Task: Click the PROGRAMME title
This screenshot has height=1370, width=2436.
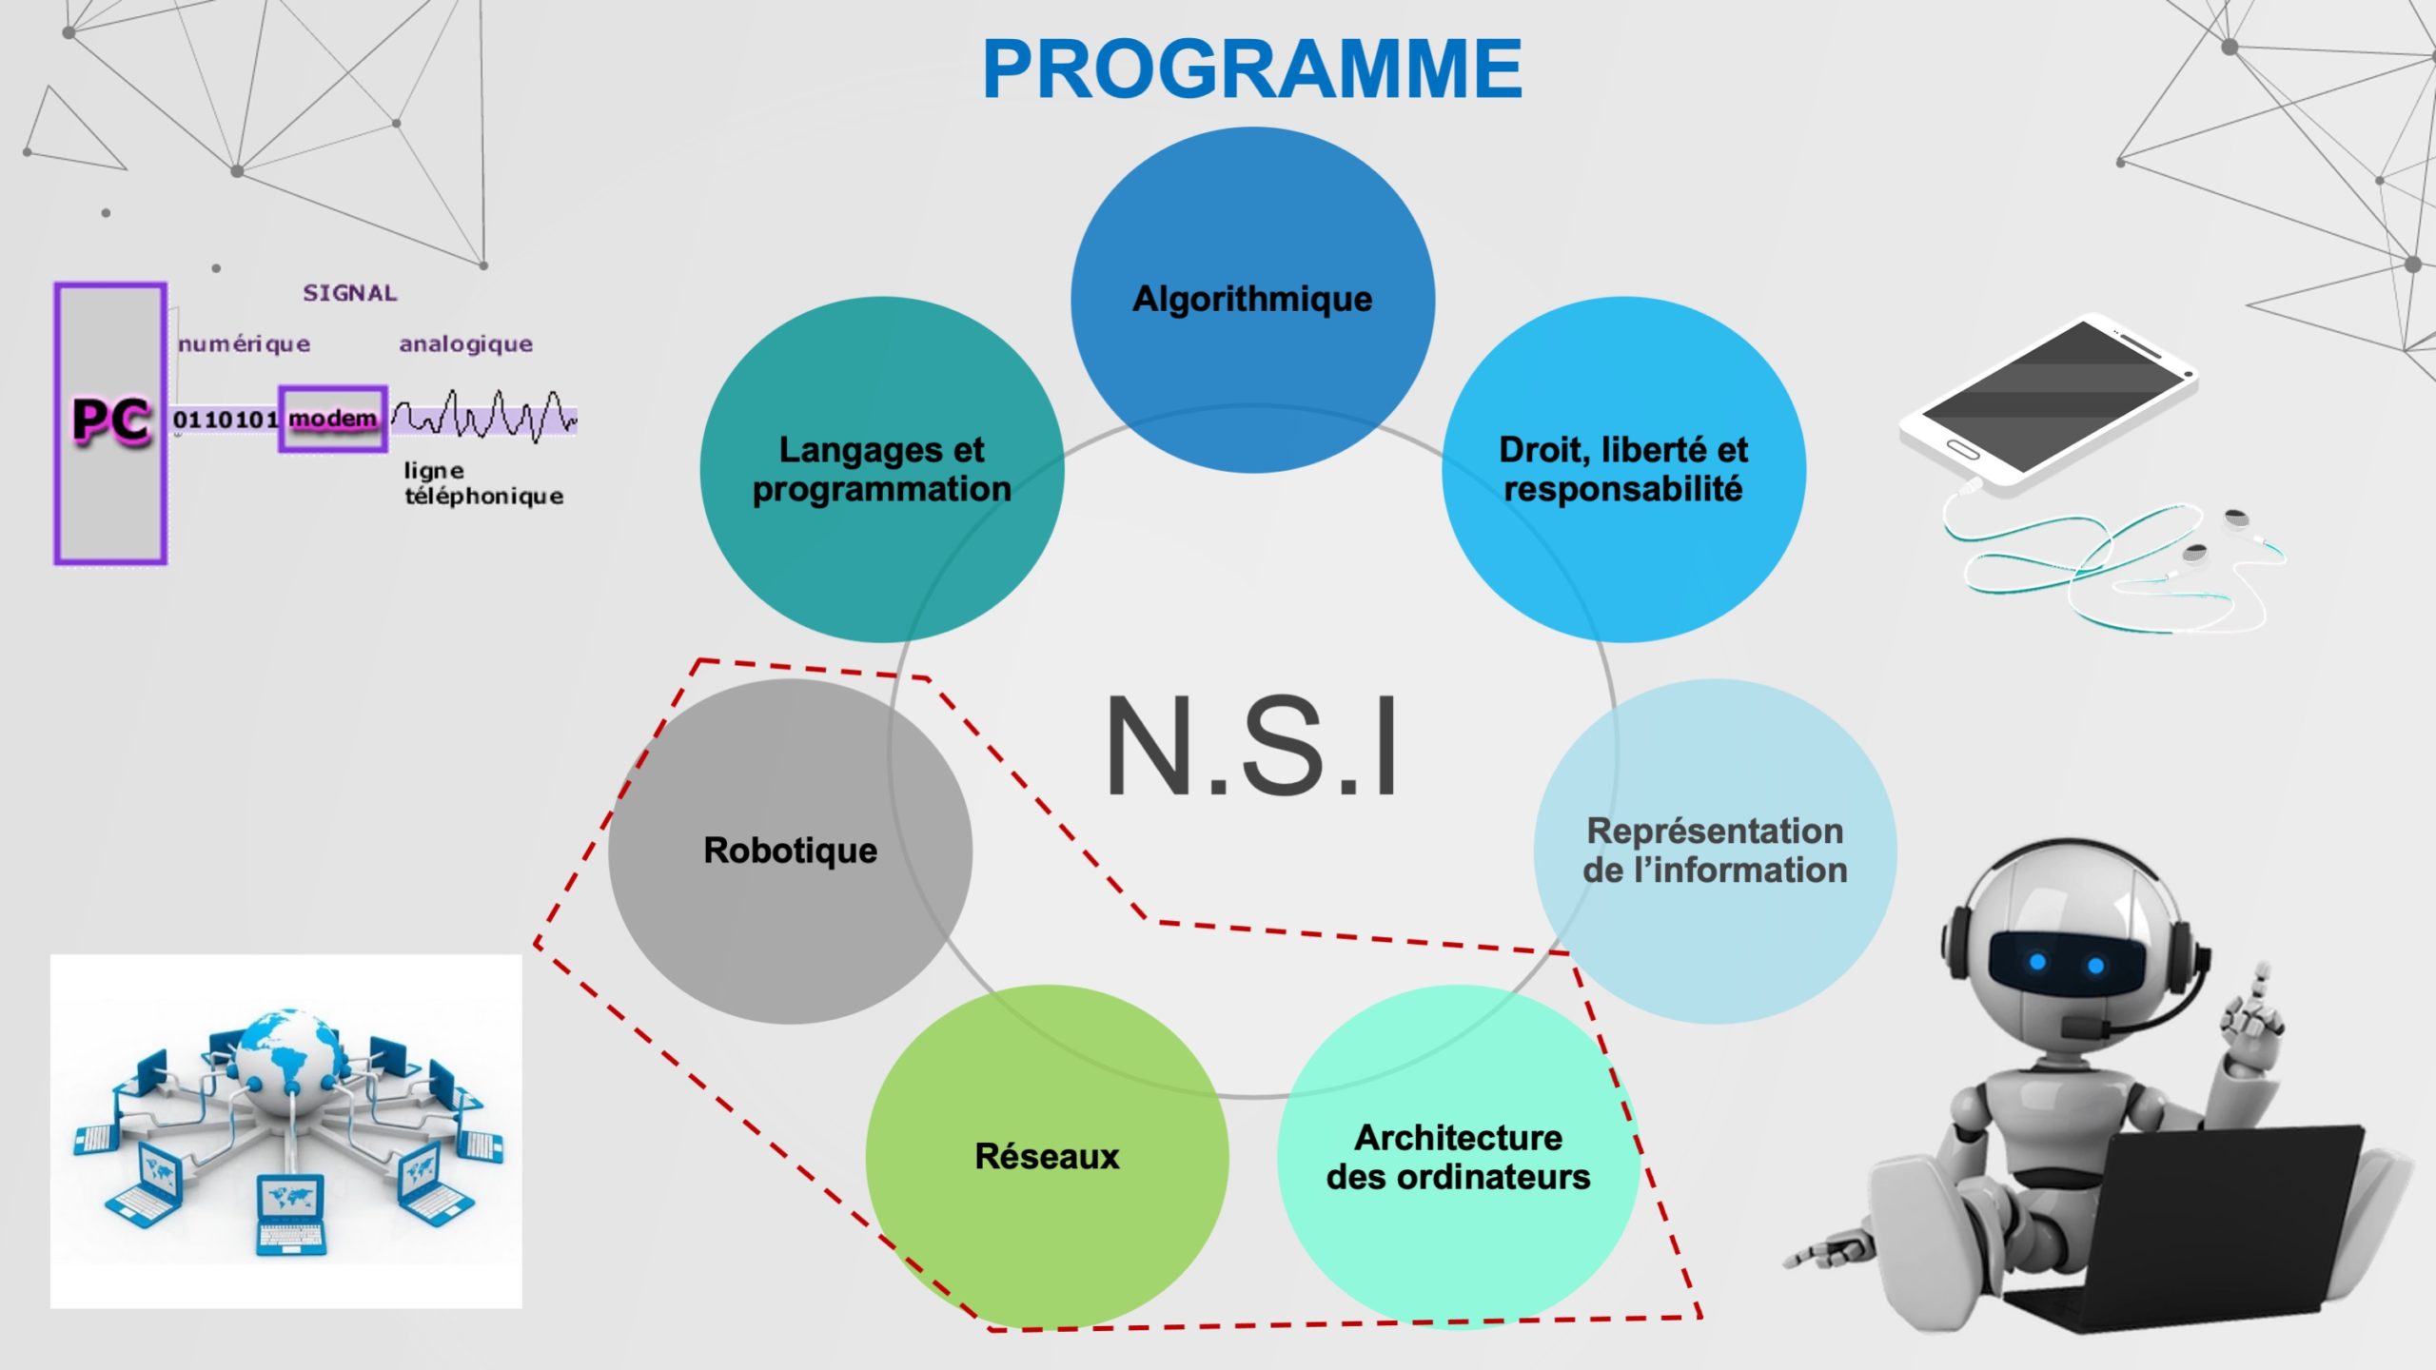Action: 1252,68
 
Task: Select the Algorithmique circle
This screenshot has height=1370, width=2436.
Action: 1252,300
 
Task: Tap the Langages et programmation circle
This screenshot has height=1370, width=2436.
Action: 882,469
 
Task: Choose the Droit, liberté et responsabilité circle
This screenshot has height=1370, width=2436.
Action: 1623,469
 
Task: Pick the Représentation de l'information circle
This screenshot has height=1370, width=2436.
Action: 1715,851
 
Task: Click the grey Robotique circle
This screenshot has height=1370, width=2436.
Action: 790,851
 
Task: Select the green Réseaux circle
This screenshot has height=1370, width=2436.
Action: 1047,1156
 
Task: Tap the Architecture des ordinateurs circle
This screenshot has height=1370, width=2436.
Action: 1459,1156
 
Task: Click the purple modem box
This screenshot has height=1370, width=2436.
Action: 333,419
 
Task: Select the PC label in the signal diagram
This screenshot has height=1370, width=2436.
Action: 111,420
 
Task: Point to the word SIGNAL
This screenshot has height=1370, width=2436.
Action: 350,293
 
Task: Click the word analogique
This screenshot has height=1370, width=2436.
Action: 465,343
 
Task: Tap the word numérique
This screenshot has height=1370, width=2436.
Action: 245,343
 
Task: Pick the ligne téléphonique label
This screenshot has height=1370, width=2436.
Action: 483,483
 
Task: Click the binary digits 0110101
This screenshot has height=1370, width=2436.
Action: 226,420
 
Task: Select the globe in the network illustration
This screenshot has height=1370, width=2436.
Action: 287,1052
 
